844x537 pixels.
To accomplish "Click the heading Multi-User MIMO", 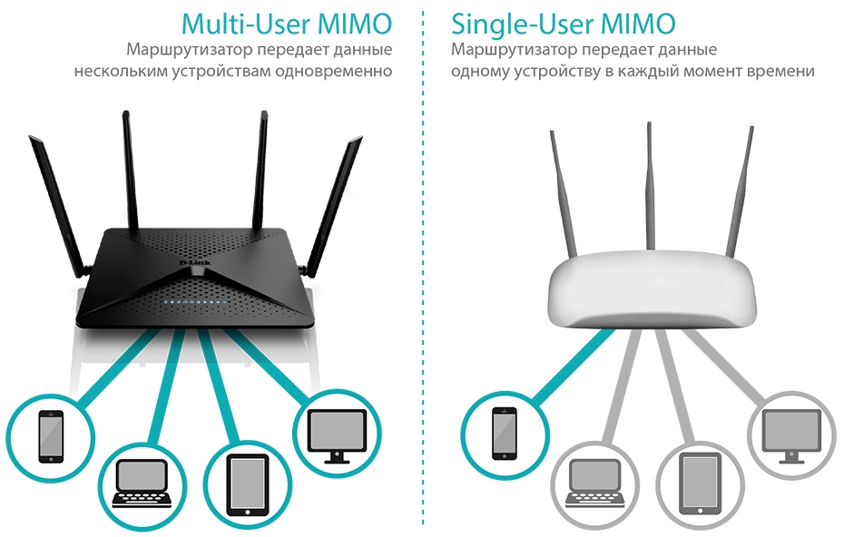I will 286,22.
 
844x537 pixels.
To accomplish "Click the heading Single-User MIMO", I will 564,22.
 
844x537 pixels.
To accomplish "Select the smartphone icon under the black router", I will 51,435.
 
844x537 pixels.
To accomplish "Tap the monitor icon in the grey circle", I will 791,431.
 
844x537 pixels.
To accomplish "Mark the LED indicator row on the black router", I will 191,298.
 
